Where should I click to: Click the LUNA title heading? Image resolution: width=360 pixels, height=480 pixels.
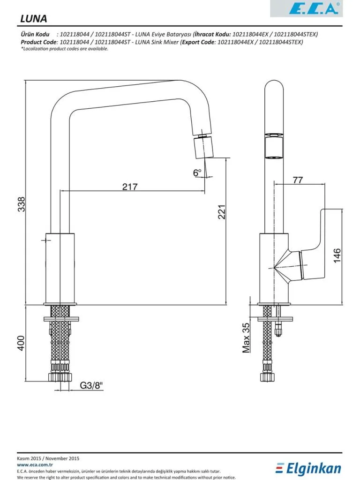coord(34,19)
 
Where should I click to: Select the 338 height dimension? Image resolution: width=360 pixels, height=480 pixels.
coord(22,204)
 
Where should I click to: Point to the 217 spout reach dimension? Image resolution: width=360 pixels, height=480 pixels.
coord(130,187)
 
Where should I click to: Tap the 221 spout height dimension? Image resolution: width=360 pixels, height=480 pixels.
coord(221,212)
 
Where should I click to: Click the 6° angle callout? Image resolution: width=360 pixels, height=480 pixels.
coord(197,172)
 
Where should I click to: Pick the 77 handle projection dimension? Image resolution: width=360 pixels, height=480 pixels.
coord(298,180)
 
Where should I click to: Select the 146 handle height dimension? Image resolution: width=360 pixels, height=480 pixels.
coord(337,255)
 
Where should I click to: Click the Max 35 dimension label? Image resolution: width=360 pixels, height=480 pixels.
coord(246,337)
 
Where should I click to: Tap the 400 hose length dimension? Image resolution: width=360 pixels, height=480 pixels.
coord(21,343)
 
